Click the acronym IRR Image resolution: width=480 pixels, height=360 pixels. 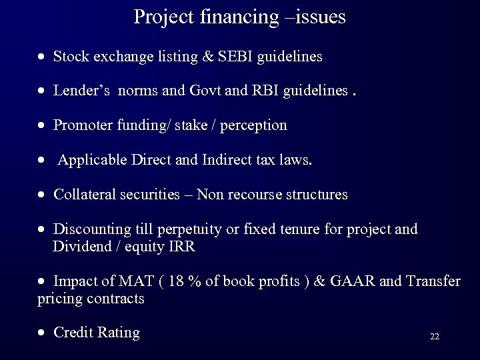183,246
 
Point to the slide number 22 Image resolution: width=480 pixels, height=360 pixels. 435,337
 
